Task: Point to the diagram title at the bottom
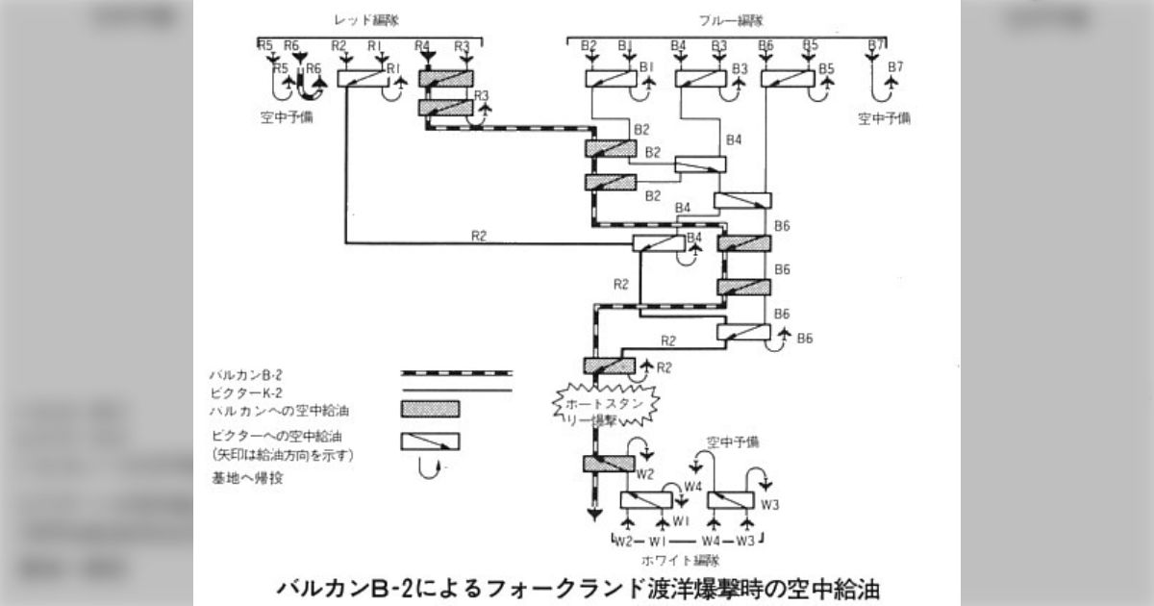point(577,586)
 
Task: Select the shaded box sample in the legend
point(429,409)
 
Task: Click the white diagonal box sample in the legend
point(429,442)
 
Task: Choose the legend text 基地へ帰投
point(240,476)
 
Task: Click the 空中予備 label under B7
point(885,119)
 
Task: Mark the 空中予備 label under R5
point(286,117)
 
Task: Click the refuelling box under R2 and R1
point(364,79)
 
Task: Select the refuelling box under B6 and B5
point(789,79)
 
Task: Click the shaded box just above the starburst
point(609,366)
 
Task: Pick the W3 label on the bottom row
point(746,541)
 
